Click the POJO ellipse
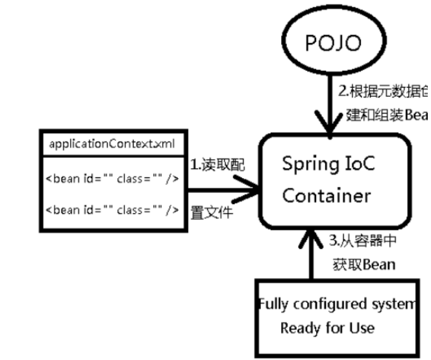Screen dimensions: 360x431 (x=331, y=44)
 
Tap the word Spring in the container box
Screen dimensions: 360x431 (x=307, y=164)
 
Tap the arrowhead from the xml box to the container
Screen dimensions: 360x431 (x=251, y=194)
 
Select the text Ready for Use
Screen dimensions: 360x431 (x=327, y=327)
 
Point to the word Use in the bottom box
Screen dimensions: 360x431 (x=363, y=327)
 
